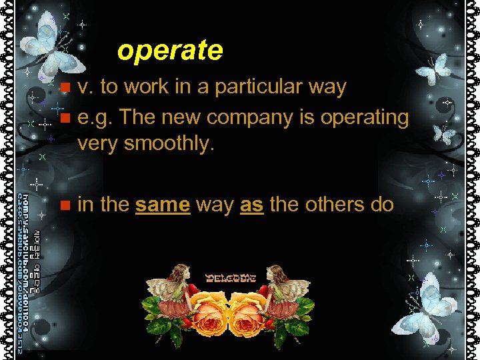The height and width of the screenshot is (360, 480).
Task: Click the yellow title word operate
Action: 169,51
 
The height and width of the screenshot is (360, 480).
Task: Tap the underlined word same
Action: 163,205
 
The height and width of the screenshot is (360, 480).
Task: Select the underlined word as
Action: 251,205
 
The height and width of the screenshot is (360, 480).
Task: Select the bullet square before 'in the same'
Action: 64,205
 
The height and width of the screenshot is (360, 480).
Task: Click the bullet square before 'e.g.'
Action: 64,118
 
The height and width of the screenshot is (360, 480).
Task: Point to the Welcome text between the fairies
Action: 231,277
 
